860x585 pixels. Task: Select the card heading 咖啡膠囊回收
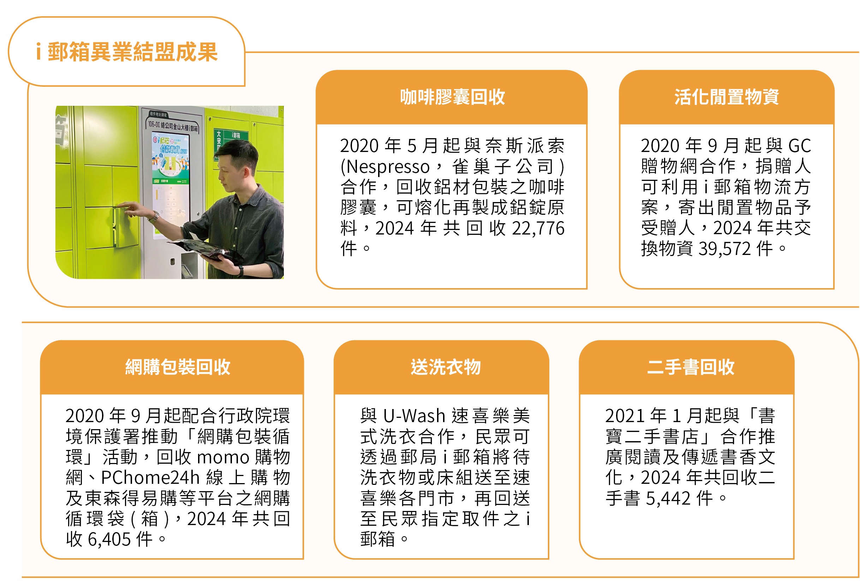(452, 97)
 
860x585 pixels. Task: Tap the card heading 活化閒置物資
(727, 97)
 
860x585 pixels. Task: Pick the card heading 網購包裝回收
(178, 367)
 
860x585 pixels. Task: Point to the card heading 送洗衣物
(446, 367)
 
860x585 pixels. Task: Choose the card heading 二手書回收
(691, 367)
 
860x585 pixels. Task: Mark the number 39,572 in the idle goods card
(724, 249)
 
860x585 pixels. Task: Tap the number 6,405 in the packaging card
(109, 540)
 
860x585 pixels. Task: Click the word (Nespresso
(385, 167)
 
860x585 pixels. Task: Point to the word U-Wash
(414, 416)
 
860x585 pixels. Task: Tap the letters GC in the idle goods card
(800, 146)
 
